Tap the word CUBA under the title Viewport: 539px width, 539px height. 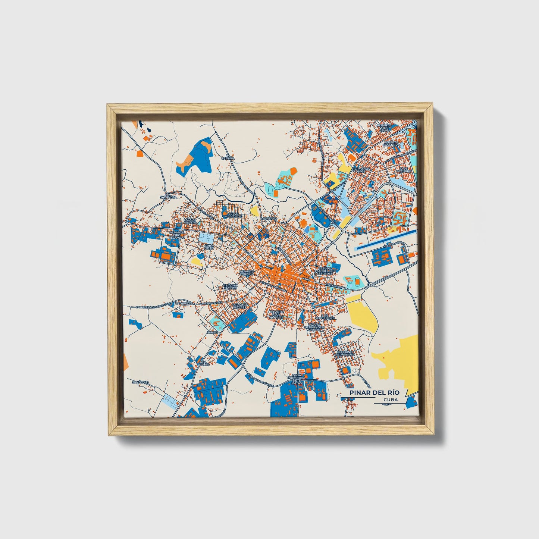point(390,400)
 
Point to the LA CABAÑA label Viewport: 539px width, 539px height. point(230,157)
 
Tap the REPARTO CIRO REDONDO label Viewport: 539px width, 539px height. point(177,235)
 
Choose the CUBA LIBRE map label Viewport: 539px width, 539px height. point(209,247)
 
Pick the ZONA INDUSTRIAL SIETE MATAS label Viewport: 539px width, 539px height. point(297,378)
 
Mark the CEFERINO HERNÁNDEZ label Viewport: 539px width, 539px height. point(344,353)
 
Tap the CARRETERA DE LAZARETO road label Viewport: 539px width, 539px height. point(149,306)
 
